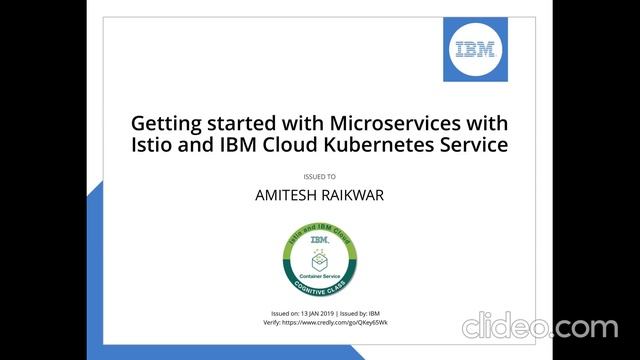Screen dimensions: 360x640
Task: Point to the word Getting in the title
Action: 167,123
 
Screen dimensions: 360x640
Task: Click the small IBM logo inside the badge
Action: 320,240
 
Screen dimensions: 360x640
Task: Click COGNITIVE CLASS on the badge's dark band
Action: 320,284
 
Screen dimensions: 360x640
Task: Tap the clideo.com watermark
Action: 539,327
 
